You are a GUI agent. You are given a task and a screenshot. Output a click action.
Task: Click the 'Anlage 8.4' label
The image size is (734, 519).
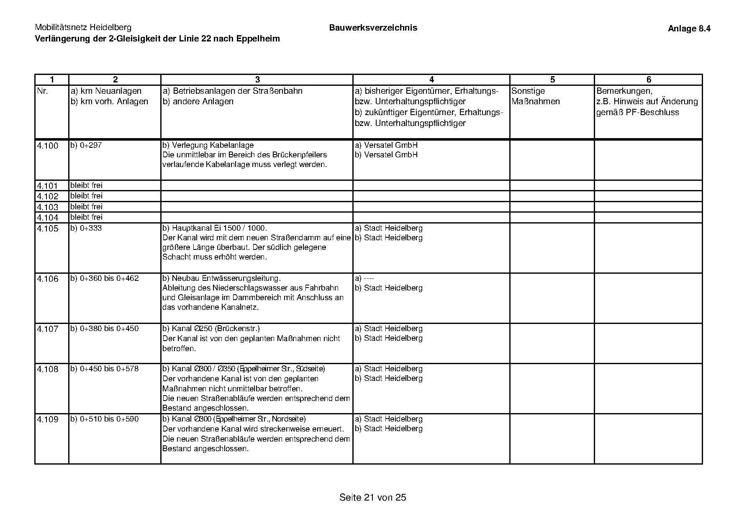[689, 28]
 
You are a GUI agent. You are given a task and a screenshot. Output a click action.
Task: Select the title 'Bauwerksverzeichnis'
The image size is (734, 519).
[373, 28]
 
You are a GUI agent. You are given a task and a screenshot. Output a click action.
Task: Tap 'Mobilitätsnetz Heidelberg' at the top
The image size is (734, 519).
[83, 28]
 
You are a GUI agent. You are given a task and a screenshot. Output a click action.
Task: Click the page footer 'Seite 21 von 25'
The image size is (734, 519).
[372, 497]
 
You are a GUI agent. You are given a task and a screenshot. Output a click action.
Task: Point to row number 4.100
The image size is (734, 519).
[48, 146]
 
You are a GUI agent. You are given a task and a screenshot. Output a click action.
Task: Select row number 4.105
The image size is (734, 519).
[48, 229]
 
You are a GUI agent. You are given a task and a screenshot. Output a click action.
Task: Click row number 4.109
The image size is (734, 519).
[48, 419]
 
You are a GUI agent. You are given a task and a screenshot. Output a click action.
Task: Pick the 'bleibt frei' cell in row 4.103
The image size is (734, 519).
[86, 207]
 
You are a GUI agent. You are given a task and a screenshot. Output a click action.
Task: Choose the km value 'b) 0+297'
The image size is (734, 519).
[86, 145]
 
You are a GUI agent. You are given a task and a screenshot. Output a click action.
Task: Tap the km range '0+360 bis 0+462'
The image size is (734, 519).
[109, 278]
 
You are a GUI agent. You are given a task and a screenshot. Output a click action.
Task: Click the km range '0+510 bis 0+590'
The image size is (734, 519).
[109, 419]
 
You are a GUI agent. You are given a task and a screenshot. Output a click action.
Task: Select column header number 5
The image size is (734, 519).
[552, 80]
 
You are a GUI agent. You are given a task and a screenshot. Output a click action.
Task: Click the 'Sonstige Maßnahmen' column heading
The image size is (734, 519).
[535, 96]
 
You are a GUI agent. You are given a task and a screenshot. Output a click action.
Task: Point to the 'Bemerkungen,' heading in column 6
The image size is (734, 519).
[624, 91]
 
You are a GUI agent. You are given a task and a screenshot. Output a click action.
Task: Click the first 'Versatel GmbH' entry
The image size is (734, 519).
[390, 145]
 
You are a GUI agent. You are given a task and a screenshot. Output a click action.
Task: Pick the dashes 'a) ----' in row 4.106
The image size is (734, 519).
[364, 278]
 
